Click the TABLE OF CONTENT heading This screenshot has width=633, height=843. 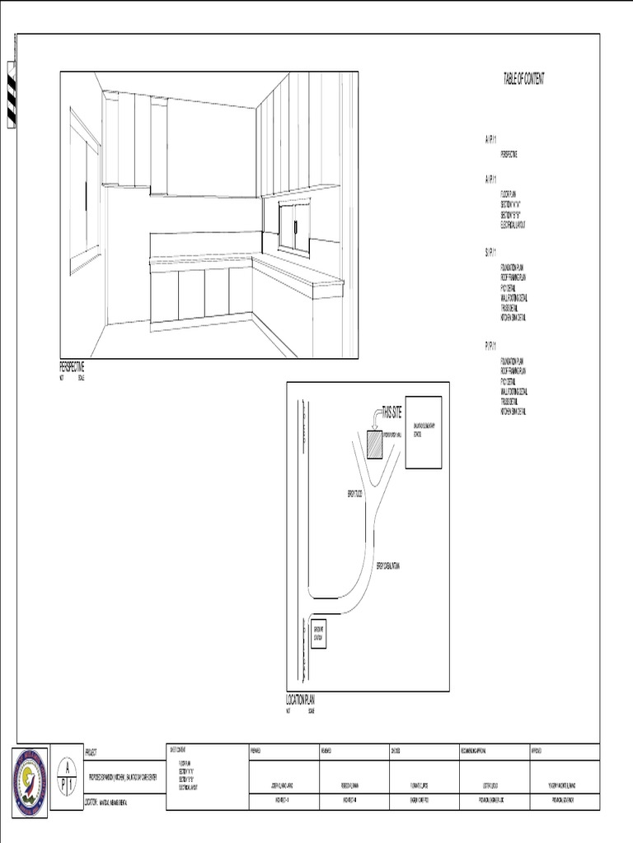pyautogui.click(x=523, y=79)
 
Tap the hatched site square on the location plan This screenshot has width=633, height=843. pyautogui.click(x=376, y=445)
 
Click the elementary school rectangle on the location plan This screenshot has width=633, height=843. pyautogui.click(x=424, y=434)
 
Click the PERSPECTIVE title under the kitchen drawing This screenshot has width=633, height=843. pyautogui.click(x=72, y=367)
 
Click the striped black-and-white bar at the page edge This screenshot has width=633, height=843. pyautogui.click(x=12, y=95)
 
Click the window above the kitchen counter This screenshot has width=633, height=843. pyautogui.click(x=294, y=225)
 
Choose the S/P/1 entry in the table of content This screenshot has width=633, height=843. pyautogui.click(x=490, y=252)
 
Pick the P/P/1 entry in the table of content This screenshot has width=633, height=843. pyautogui.click(x=490, y=346)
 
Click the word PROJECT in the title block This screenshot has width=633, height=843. pyautogui.click(x=91, y=752)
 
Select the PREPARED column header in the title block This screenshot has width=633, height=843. pyautogui.click(x=256, y=750)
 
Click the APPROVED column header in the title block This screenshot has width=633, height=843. pyautogui.click(x=537, y=750)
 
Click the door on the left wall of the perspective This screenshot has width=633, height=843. pyautogui.click(x=84, y=194)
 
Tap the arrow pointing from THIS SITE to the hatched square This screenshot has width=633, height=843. pyautogui.click(x=375, y=421)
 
